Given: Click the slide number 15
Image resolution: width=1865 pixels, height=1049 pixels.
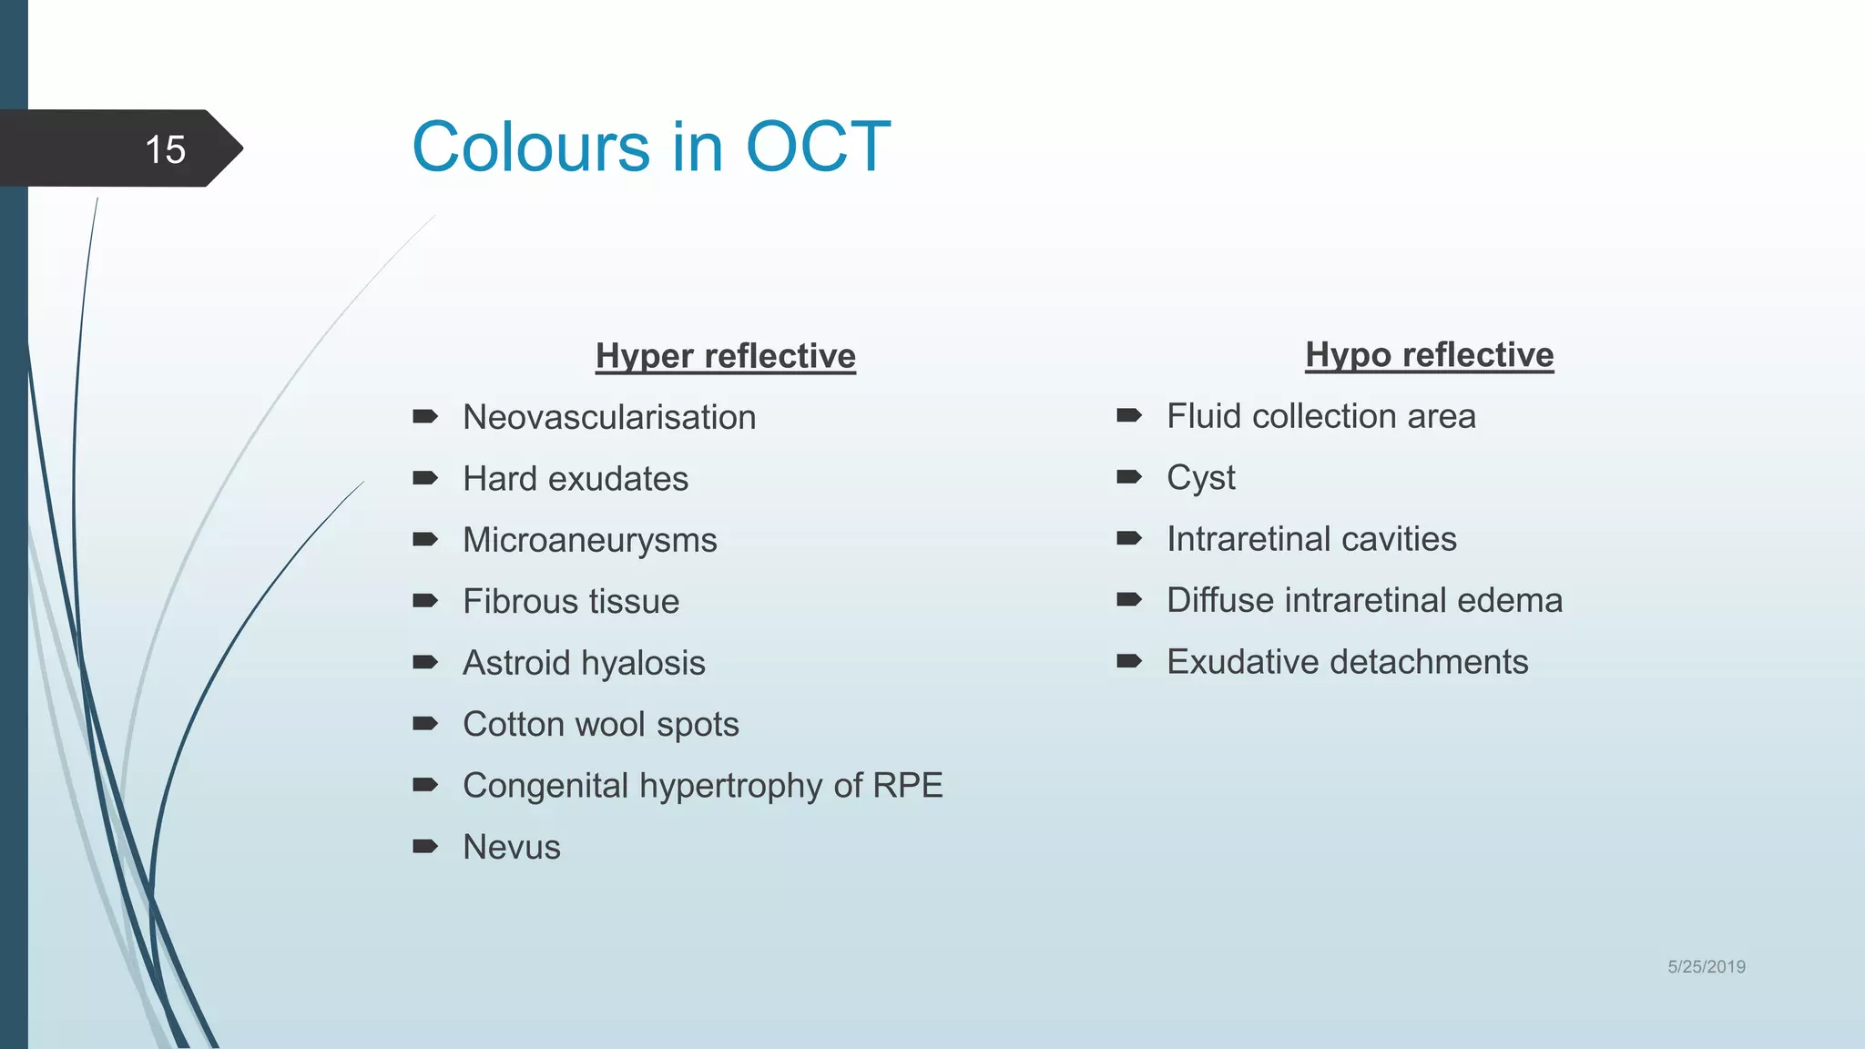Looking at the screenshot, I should click(x=165, y=149).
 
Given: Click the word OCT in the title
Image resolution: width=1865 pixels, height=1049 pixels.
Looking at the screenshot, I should click(x=817, y=147).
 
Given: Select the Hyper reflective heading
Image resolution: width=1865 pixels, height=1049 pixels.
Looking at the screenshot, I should click(x=725, y=356).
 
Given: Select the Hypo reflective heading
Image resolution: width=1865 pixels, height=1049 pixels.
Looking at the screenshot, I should click(x=1429, y=355).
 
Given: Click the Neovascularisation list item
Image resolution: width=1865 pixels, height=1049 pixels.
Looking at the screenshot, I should click(x=609, y=418).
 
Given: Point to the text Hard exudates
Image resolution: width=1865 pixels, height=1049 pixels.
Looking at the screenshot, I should click(x=576, y=479).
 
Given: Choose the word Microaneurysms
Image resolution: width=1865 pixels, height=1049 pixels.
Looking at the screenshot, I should click(x=590, y=540).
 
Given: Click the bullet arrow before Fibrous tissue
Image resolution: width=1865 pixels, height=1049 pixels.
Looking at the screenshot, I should click(x=425, y=600).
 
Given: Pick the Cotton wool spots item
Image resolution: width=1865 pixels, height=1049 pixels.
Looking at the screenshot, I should click(x=601, y=724).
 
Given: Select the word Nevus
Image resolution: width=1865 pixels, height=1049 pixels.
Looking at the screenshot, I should click(x=512, y=847).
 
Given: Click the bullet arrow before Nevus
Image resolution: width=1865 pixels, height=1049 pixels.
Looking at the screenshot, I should click(x=425, y=846).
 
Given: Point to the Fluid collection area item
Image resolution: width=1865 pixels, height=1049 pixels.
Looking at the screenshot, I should click(x=1320, y=416).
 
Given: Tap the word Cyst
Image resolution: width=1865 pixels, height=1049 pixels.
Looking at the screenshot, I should click(x=1201, y=478).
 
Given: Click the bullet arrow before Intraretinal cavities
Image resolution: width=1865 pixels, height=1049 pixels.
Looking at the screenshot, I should click(x=1129, y=538).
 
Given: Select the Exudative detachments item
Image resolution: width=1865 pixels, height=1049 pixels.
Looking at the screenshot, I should click(x=1347, y=662).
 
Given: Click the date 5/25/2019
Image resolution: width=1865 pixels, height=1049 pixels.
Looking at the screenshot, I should click(x=1706, y=967).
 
